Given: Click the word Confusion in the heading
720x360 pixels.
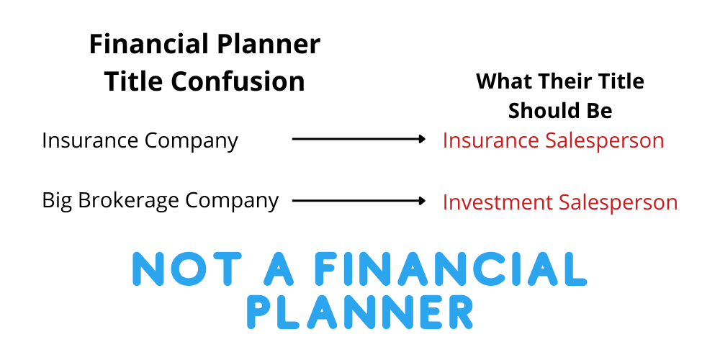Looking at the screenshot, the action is click(x=238, y=81).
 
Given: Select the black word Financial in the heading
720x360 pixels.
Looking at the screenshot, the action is click(x=145, y=44).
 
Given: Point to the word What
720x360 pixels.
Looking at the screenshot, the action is click(x=503, y=81).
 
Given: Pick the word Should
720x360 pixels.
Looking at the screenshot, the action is click(x=542, y=111).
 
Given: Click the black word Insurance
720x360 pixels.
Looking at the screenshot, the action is click(x=89, y=140).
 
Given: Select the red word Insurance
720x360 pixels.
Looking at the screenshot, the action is click(x=490, y=140).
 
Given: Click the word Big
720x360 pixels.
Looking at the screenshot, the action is click(x=57, y=201).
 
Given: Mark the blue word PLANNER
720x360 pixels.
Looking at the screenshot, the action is click(x=360, y=312).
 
